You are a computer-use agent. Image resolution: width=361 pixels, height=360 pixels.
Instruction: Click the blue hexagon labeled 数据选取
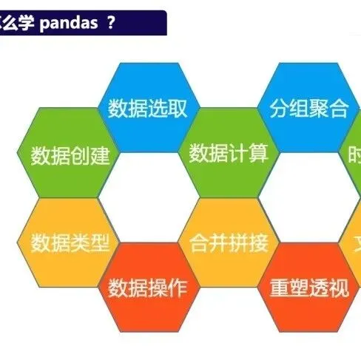click(x=148, y=109)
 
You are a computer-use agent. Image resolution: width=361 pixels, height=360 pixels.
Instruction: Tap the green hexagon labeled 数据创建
click(x=70, y=154)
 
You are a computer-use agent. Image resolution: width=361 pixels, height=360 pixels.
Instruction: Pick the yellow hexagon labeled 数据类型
click(x=70, y=243)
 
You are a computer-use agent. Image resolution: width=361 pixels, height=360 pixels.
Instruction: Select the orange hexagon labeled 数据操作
click(x=148, y=288)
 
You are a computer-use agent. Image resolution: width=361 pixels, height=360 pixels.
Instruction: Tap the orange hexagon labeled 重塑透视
click(x=308, y=288)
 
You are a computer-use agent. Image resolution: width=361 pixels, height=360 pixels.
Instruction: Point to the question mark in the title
click(x=110, y=22)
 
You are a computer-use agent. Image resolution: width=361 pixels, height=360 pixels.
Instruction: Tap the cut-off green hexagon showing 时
click(x=354, y=154)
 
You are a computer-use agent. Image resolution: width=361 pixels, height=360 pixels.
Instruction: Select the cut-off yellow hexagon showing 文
click(x=355, y=243)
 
